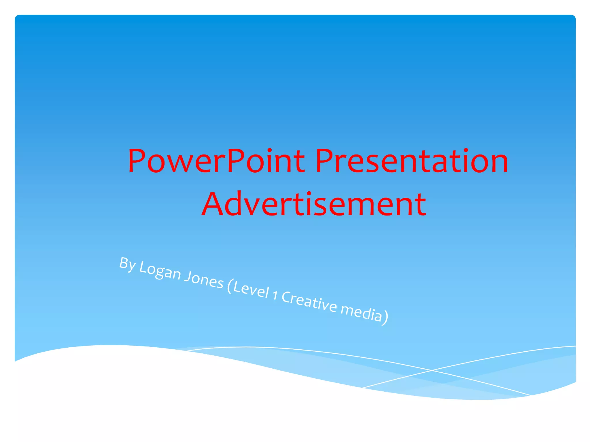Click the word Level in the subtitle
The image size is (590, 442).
tap(251, 290)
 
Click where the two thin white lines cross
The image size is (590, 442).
tap(431, 370)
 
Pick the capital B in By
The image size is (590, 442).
tap(124, 262)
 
